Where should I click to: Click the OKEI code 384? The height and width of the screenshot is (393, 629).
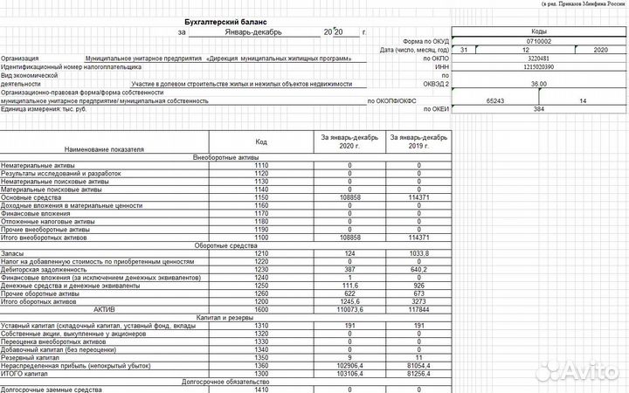tap(539, 109)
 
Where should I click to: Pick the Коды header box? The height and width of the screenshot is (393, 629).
tap(539, 31)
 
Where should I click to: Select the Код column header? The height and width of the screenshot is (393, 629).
tap(261, 141)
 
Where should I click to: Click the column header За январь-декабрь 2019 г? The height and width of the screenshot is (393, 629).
tap(418, 142)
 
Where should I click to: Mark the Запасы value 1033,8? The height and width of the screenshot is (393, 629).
tap(418, 252)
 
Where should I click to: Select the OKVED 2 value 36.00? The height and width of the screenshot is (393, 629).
tap(539, 84)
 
